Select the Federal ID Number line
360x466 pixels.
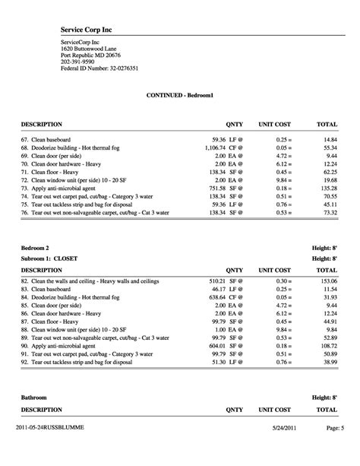coord(99,68)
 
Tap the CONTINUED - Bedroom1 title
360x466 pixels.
coord(179,96)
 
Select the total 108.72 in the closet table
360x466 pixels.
coord(327,345)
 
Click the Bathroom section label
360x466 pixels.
coord(34,398)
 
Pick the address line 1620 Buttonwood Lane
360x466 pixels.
coord(89,48)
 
